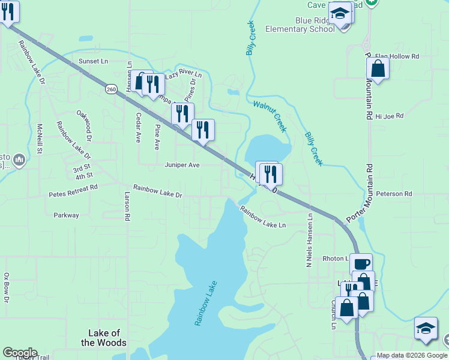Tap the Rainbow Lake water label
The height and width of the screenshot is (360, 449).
point(205,303)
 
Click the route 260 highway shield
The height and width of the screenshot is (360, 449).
point(111,89)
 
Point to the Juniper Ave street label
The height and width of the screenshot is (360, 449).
point(182,164)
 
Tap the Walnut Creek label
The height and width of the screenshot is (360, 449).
point(270,116)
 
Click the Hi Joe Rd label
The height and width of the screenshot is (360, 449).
point(389,116)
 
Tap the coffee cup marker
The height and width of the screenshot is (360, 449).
point(361,263)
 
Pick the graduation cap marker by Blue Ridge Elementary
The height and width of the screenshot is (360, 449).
point(340,13)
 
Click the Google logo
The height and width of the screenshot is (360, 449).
point(20,353)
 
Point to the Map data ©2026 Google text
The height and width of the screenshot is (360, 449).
point(411,355)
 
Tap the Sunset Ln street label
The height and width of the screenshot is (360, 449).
point(93,61)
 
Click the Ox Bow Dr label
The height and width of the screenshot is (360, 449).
point(7,287)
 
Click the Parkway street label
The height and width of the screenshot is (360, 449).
point(66,215)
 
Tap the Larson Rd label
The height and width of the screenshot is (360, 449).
point(127,206)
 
